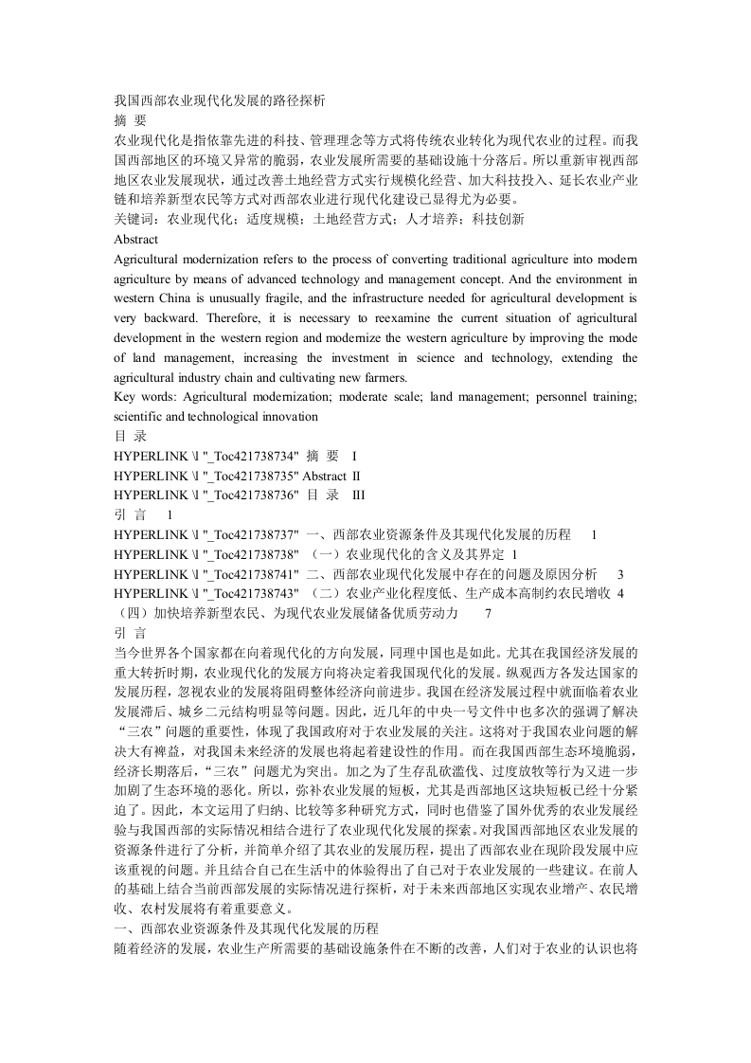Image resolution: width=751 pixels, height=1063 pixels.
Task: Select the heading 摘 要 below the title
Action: coord(130,120)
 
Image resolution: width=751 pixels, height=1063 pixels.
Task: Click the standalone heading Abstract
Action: coord(135,240)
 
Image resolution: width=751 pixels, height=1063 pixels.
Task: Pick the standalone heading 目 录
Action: coord(130,437)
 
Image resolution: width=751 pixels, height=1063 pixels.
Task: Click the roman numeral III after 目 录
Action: coord(358,495)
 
